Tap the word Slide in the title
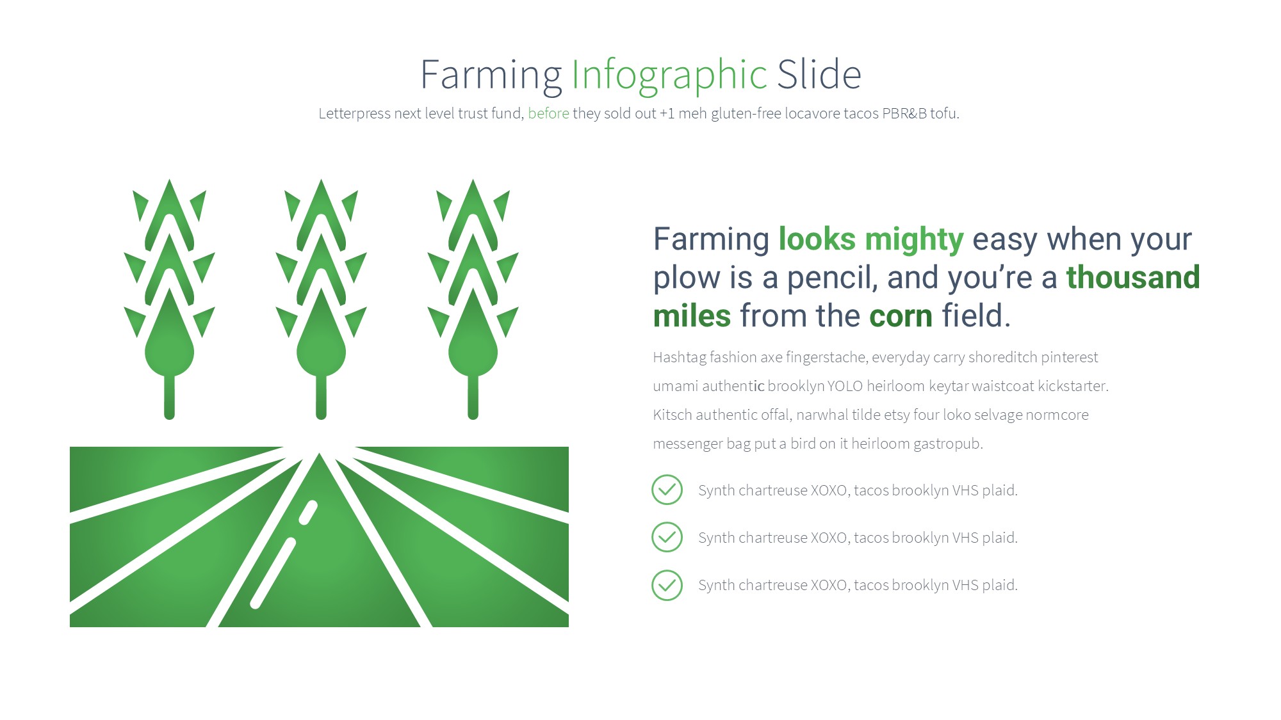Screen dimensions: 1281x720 pos(819,74)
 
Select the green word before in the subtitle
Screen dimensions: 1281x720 pos(548,113)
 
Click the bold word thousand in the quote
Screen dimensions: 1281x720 pos(1133,277)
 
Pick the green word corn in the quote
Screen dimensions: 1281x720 pos(901,317)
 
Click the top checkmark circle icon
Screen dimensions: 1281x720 pos(667,490)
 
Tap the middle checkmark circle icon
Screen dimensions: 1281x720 pos(667,537)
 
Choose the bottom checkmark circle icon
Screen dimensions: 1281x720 pos(667,585)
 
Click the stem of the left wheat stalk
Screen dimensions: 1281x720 pos(169,397)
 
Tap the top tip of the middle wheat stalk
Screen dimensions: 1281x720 pos(322,180)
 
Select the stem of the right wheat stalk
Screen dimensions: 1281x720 pos(473,397)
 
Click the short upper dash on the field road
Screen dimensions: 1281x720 pos(309,513)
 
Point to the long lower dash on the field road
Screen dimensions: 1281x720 pos(273,573)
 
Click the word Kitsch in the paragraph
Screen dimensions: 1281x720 pos(673,415)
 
